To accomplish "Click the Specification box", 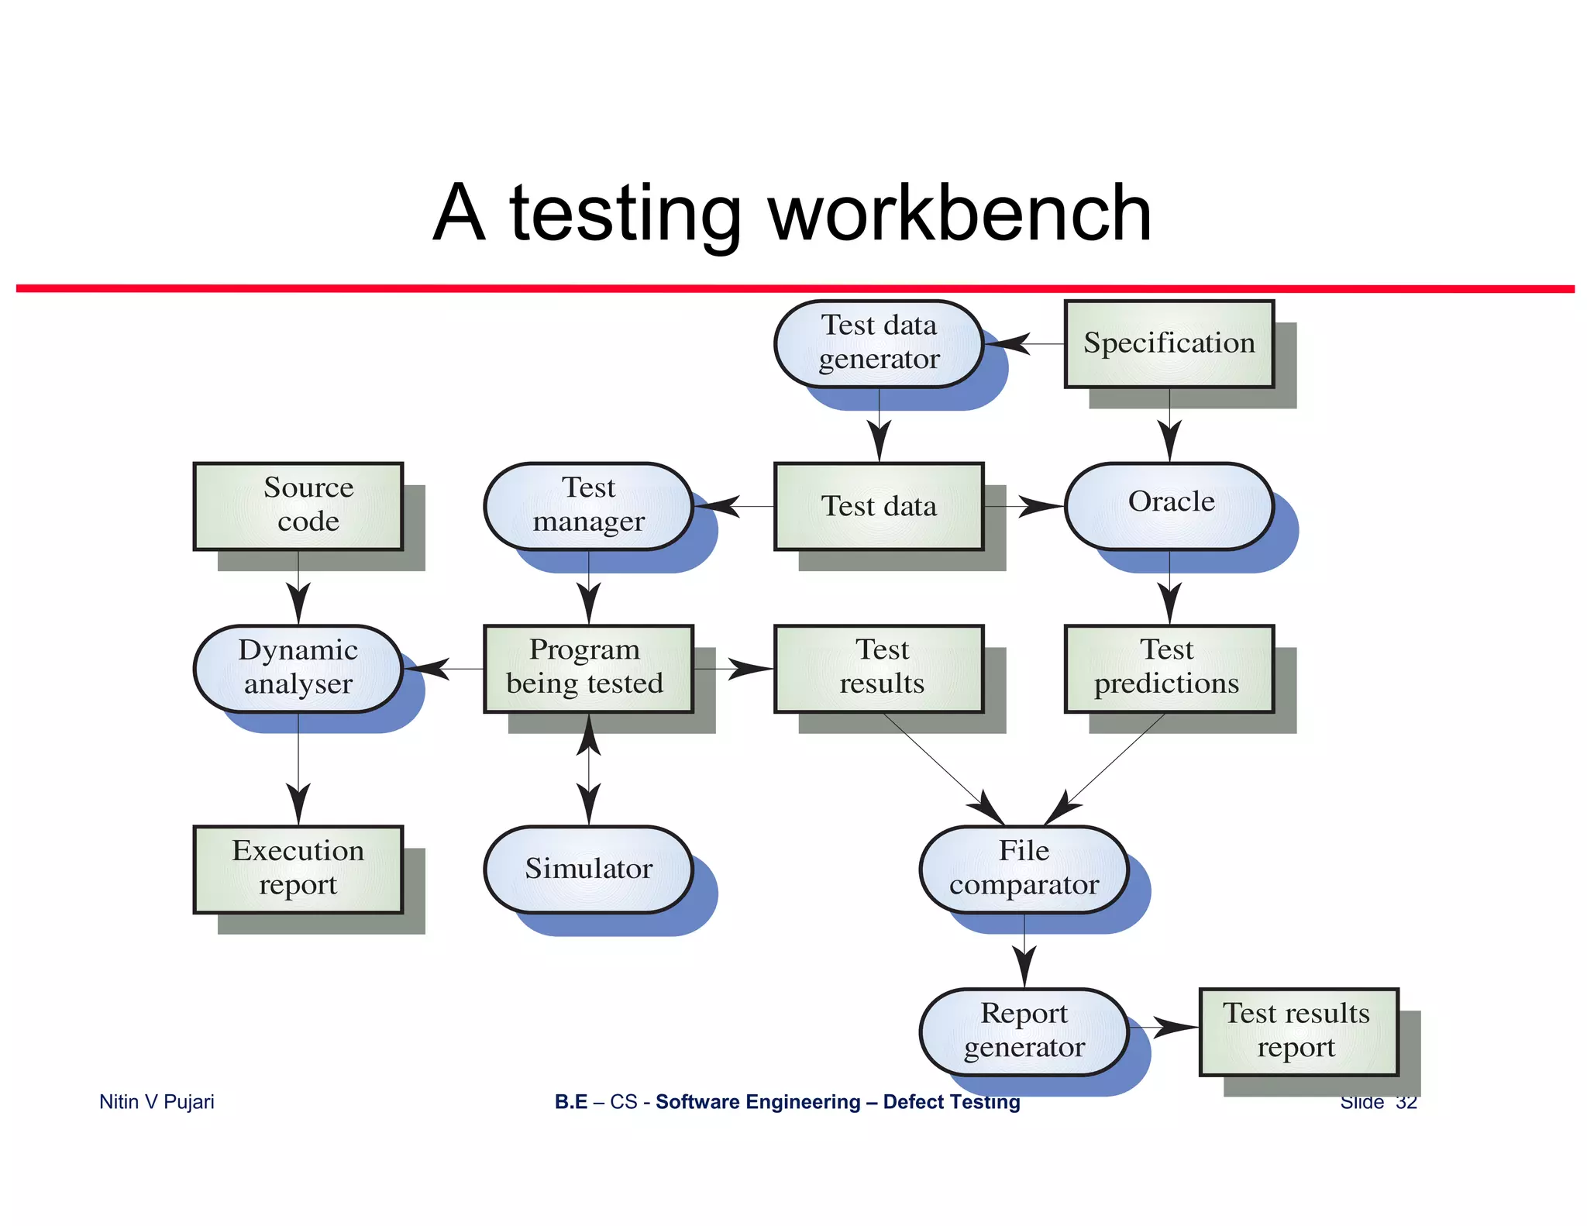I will [x=1169, y=343].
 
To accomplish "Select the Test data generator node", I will [x=879, y=343].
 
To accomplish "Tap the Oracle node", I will [x=1170, y=505].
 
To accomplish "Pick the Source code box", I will [x=298, y=505].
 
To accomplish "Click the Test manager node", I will [x=588, y=505].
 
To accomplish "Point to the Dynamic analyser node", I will [x=298, y=668].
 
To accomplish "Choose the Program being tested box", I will [x=588, y=668].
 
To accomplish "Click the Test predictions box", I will [x=1169, y=668].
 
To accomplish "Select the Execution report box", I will [x=298, y=869].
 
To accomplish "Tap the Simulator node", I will [x=588, y=869].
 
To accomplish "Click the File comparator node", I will [x=1024, y=869].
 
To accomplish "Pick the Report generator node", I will [x=1024, y=1031].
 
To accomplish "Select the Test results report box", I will [x=1298, y=1031].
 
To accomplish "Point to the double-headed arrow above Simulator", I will [x=589, y=769].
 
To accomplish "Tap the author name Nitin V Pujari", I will [x=157, y=1101].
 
